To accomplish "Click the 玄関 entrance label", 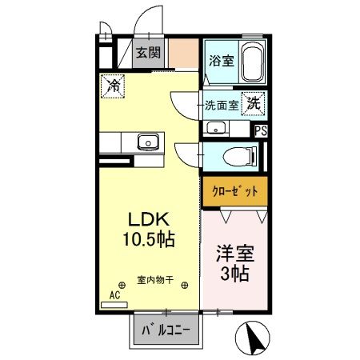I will [147, 54].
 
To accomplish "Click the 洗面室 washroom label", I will [221, 105].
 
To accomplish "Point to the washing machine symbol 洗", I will [253, 102].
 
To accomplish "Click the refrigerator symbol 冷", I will [112, 84].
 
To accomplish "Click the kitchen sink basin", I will [147, 143].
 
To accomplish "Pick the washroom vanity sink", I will [215, 129].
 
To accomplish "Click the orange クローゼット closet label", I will [233, 192].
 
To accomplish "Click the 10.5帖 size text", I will [149, 239].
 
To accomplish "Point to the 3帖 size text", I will [233, 275].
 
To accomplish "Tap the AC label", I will [114, 294].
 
